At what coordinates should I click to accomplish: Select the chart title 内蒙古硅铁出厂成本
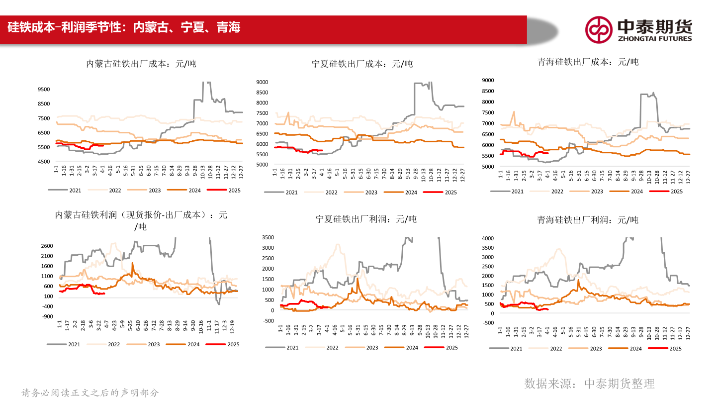coord(141,64)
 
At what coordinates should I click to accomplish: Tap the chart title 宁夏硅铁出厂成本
coord(362,64)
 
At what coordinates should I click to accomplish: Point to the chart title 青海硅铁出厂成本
coord(588,62)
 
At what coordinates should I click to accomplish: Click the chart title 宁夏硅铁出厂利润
coord(366,219)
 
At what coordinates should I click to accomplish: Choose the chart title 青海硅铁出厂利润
coord(588,219)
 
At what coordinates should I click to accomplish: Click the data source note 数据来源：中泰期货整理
coord(589,383)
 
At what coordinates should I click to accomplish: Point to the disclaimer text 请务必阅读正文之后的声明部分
coord(90,393)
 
